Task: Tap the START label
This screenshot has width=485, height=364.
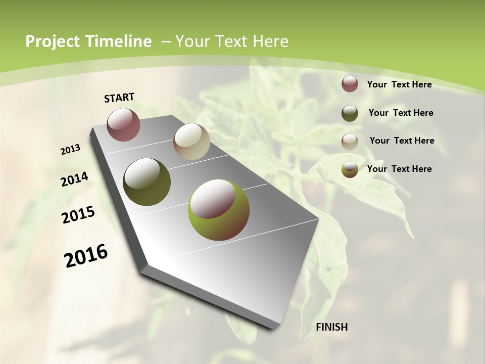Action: point(119,97)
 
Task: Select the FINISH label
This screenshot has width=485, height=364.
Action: point(332,327)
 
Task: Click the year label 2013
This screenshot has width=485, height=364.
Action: point(71,150)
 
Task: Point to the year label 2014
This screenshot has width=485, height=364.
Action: point(75,179)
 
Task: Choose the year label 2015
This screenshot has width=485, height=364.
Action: point(78,215)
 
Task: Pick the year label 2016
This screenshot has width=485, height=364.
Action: point(86,256)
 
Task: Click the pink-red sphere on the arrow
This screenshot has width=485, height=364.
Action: point(123,125)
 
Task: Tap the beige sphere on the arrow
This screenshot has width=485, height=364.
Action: point(191,142)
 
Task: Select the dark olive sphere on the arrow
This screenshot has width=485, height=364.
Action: point(147,182)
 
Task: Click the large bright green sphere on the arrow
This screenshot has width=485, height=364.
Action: point(219,210)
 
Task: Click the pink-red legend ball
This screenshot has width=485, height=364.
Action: point(350,84)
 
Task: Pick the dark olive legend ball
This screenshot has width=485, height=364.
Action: point(350,113)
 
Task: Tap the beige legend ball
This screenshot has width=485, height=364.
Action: point(350,141)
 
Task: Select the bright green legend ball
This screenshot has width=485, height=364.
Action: point(350,169)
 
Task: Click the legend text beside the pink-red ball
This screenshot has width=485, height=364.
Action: point(399,84)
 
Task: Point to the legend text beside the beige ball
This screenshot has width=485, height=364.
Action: point(402,141)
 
